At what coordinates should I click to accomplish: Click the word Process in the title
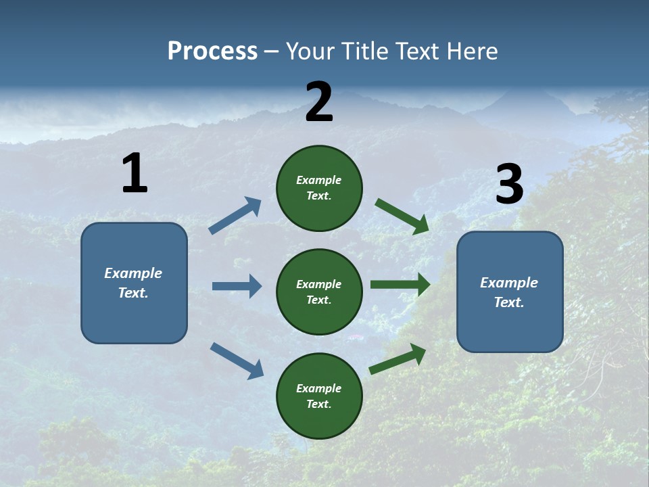click(x=212, y=51)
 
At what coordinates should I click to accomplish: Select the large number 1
click(x=135, y=174)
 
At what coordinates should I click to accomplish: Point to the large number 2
click(x=319, y=102)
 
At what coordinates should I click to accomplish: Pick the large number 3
click(x=509, y=185)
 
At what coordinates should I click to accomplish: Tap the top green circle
click(x=319, y=188)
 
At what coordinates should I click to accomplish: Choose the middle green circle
click(x=319, y=292)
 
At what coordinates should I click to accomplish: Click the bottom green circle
click(x=319, y=396)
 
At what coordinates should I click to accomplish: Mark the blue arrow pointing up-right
click(x=235, y=216)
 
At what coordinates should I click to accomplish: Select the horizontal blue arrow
click(x=237, y=286)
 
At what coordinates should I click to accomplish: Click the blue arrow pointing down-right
click(x=237, y=360)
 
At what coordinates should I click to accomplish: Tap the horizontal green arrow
click(x=400, y=285)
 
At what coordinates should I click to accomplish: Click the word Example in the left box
click(x=133, y=273)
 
